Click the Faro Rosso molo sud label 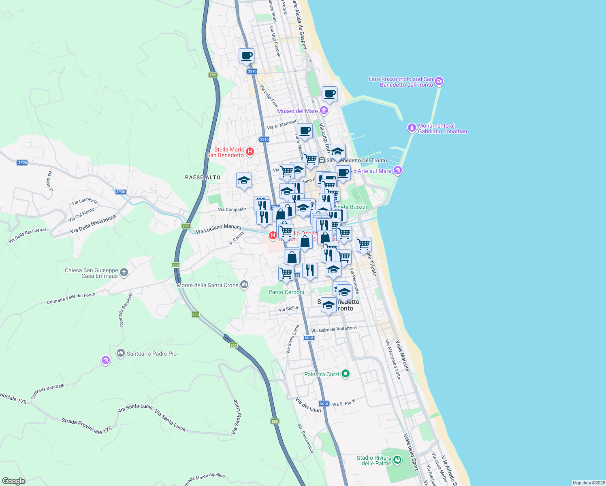[x=401, y=82]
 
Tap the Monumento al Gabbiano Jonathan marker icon [x=412, y=128]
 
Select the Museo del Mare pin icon [x=324, y=111]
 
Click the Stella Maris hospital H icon [x=250, y=152]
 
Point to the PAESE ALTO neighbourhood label [x=203, y=177]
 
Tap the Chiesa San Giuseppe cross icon [x=124, y=273]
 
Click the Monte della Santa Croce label [x=207, y=285]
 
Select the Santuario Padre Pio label [x=151, y=354]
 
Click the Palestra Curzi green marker [x=345, y=374]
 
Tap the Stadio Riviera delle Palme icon [x=397, y=460]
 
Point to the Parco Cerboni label [x=286, y=292]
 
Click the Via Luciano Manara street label [x=218, y=229]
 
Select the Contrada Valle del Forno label [x=71, y=298]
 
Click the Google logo [x=14, y=481]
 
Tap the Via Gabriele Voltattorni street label [x=334, y=329]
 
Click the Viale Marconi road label [x=403, y=356]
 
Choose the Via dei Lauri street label [x=308, y=405]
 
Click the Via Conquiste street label [x=232, y=209]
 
